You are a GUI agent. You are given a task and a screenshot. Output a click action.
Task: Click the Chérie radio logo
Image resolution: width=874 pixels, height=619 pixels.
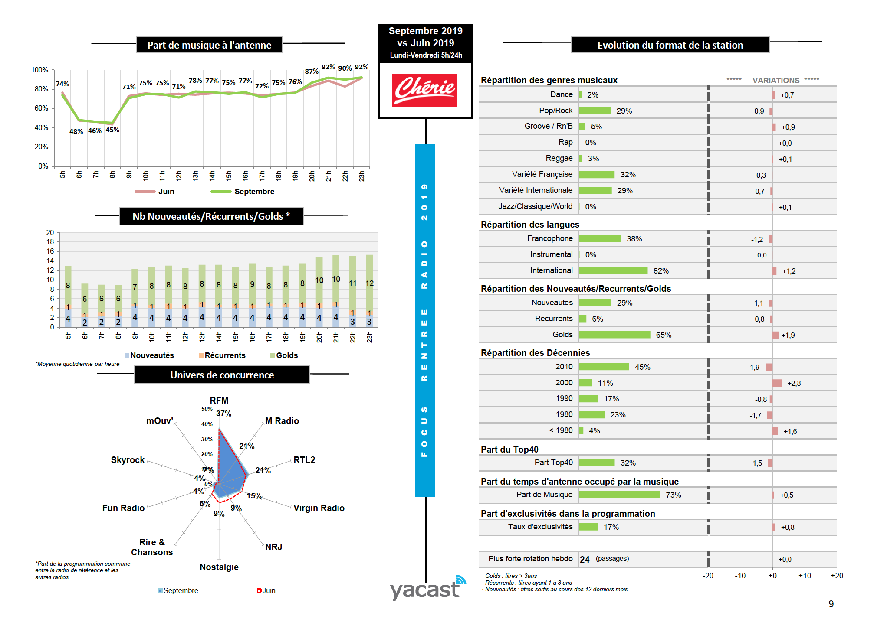click(424, 90)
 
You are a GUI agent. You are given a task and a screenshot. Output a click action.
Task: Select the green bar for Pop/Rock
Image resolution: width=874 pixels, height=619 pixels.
click(595, 111)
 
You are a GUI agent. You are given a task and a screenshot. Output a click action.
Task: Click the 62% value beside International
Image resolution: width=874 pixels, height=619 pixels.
click(660, 271)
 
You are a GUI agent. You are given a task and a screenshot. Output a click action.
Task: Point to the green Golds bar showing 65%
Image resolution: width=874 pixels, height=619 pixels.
click(614, 335)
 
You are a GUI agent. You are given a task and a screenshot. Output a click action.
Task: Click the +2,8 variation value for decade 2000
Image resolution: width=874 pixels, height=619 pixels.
click(794, 383)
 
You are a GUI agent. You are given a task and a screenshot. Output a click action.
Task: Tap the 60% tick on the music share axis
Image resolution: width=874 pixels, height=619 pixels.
click(42, 108)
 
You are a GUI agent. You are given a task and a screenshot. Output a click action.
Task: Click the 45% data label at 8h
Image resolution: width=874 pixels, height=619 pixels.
click(112, 130)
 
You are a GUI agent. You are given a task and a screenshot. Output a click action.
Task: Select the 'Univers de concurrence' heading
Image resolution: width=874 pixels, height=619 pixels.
click(222, 375)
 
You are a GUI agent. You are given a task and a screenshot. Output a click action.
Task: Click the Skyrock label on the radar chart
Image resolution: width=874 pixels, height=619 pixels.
click(128, 460)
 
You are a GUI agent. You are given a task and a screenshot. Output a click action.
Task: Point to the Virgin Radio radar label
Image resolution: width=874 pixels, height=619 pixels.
click(319, 508)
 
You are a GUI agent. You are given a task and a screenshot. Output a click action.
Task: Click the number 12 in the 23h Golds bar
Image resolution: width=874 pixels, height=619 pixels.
click(369, 283)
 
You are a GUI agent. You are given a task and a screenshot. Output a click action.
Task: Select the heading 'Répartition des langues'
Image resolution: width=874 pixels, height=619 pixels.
click(530, 225)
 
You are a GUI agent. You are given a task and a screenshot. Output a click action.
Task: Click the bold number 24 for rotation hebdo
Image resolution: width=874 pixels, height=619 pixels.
click(585, 560)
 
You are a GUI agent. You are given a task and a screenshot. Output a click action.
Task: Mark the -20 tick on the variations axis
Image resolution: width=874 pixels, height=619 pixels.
click(708, 576)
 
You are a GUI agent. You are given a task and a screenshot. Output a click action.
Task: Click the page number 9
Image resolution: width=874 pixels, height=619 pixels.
click(831, 604)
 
